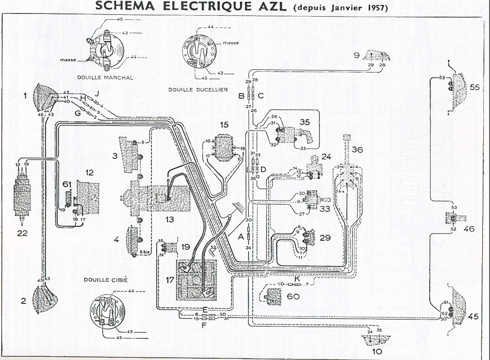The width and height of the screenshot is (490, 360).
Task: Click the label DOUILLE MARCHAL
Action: pos(105,77)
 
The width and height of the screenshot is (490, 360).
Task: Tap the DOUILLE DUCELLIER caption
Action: pos(198,90)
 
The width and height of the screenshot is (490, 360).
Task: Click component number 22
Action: pos(22,233)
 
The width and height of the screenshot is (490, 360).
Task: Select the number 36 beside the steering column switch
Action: pos(357,149)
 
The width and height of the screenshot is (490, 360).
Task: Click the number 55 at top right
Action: pos(475,87)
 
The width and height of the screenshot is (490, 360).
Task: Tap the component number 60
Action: pos(293,297)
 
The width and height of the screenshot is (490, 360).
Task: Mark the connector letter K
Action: pos(297,278)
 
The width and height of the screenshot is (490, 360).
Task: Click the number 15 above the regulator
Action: pos(225,124)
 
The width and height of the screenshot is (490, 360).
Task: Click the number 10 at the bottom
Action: pos(377,351)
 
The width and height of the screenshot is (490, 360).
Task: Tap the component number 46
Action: pos(469,229)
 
